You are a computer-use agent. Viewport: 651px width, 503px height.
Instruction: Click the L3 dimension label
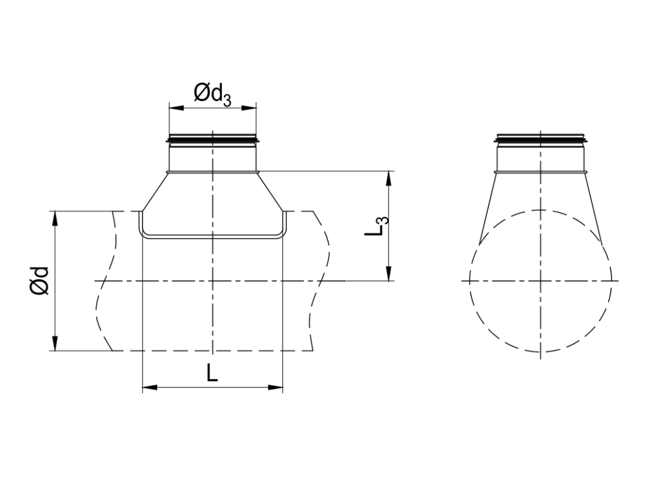click(x=376, y=227)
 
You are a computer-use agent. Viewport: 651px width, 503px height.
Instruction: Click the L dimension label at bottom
click(x=212, y=373)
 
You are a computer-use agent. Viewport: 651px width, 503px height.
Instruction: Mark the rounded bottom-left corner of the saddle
click(x=144, y=234)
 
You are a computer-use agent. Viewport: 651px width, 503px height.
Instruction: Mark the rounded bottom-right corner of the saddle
click(x=282, y=234)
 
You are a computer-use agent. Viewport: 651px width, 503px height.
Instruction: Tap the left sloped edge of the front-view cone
click(x=154, y=191)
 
